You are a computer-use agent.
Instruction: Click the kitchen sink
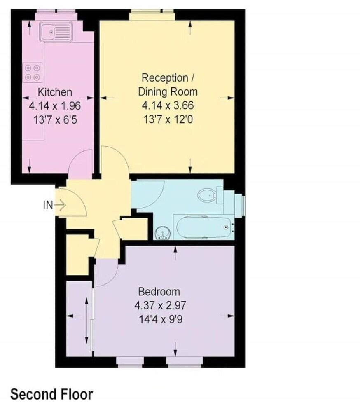pos(56,32)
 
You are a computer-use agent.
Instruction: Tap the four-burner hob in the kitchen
pos(33,73)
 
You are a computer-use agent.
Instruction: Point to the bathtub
pos(204,227)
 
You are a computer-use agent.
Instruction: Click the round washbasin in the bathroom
pos(163,233)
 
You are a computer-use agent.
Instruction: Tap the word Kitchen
pos(55,92)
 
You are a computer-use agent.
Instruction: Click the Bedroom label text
pos(159,292)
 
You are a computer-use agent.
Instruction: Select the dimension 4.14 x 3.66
pos(168,105)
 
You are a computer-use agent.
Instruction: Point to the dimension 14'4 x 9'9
pos(160,320)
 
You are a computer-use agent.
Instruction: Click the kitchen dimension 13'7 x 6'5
pos(55,120)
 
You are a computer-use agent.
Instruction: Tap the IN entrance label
pos(48,205)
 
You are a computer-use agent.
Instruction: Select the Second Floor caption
pos(52,394)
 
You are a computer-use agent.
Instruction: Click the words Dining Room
pos(168,92)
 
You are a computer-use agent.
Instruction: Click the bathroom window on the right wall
pos(243,204)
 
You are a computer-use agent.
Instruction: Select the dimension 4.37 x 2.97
pos(160,306)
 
